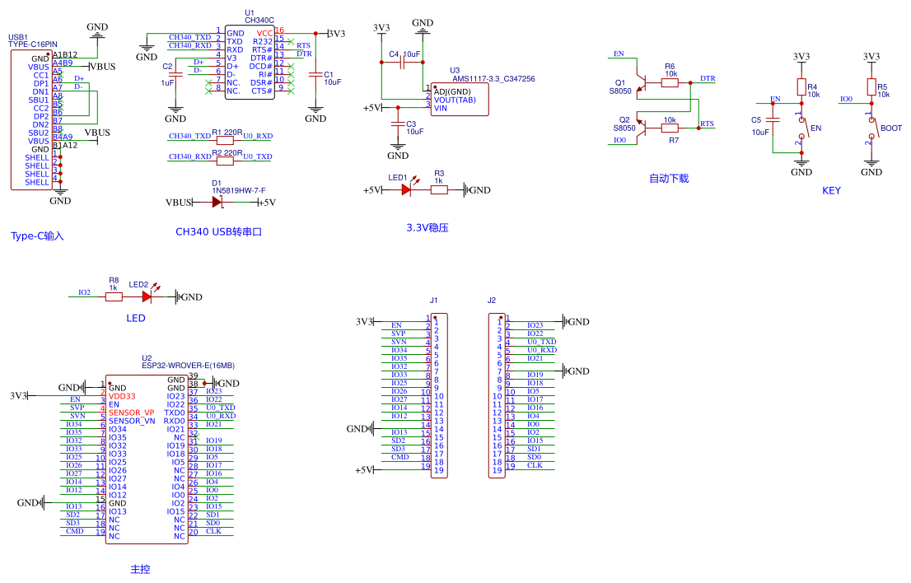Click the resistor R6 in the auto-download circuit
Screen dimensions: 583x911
pos(670,82)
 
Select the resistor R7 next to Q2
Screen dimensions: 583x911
pos(670,128)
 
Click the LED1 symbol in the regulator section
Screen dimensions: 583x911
pos(405,189)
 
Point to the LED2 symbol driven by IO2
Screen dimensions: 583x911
pos(147,296)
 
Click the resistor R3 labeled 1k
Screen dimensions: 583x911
pos(439,189)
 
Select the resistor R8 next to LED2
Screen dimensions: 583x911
pos(114,296)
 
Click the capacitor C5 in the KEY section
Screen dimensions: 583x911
pos(773,125)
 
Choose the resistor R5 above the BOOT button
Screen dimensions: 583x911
pos(871,87)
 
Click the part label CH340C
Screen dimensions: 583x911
pos(259,19)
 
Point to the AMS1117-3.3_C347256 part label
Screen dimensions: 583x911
pos(493,79)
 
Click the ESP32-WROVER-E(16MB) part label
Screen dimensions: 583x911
pos(188,366)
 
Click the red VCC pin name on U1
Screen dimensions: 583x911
pos(264,32)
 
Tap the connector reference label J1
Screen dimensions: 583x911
pos(433,300)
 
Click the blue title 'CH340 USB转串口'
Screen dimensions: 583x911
pos(217,232)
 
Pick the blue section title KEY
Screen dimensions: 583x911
pos(831,190)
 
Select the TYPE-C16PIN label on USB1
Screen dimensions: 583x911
pos(33,44)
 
